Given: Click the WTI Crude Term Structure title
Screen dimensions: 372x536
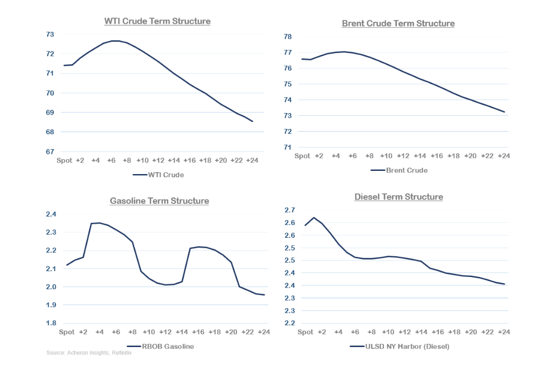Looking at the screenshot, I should click(x=157, y=21).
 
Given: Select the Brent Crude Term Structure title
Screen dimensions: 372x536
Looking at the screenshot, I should click(x=398, y=23).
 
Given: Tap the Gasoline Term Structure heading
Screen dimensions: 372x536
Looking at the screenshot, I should click(x=159, y=201).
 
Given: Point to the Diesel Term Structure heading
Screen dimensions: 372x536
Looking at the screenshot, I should click(x=398, y=197).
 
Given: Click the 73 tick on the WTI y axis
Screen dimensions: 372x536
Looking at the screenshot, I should click(x=50, y=34).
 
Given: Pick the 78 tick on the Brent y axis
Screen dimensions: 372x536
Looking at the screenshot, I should click(x=288, y=37).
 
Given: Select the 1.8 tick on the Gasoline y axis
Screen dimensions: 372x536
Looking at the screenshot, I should click(x=50, y=323).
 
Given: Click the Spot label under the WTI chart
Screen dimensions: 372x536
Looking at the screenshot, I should click(x=64, y=160).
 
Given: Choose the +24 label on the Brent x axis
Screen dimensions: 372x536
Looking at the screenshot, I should click(x=503, y=155).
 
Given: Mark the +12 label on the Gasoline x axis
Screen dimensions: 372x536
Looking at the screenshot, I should click(x=165, y=332).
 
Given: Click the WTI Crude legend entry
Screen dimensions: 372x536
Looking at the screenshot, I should click(x=158, y=175).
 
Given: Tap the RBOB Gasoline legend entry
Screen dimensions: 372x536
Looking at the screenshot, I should click(x=164, y=347).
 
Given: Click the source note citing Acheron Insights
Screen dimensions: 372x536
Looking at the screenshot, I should click(x=89, y=353).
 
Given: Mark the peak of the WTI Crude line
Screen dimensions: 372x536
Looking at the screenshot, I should click(x=116, y=41).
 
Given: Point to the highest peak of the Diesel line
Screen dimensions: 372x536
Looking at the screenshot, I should click(x=313, y=218).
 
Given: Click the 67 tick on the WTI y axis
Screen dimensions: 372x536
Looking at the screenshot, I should click(x=50, y=152).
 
